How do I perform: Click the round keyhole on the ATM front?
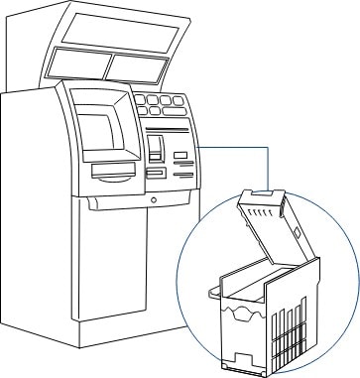(153, 199)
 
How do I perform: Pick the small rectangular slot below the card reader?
(156, 173)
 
